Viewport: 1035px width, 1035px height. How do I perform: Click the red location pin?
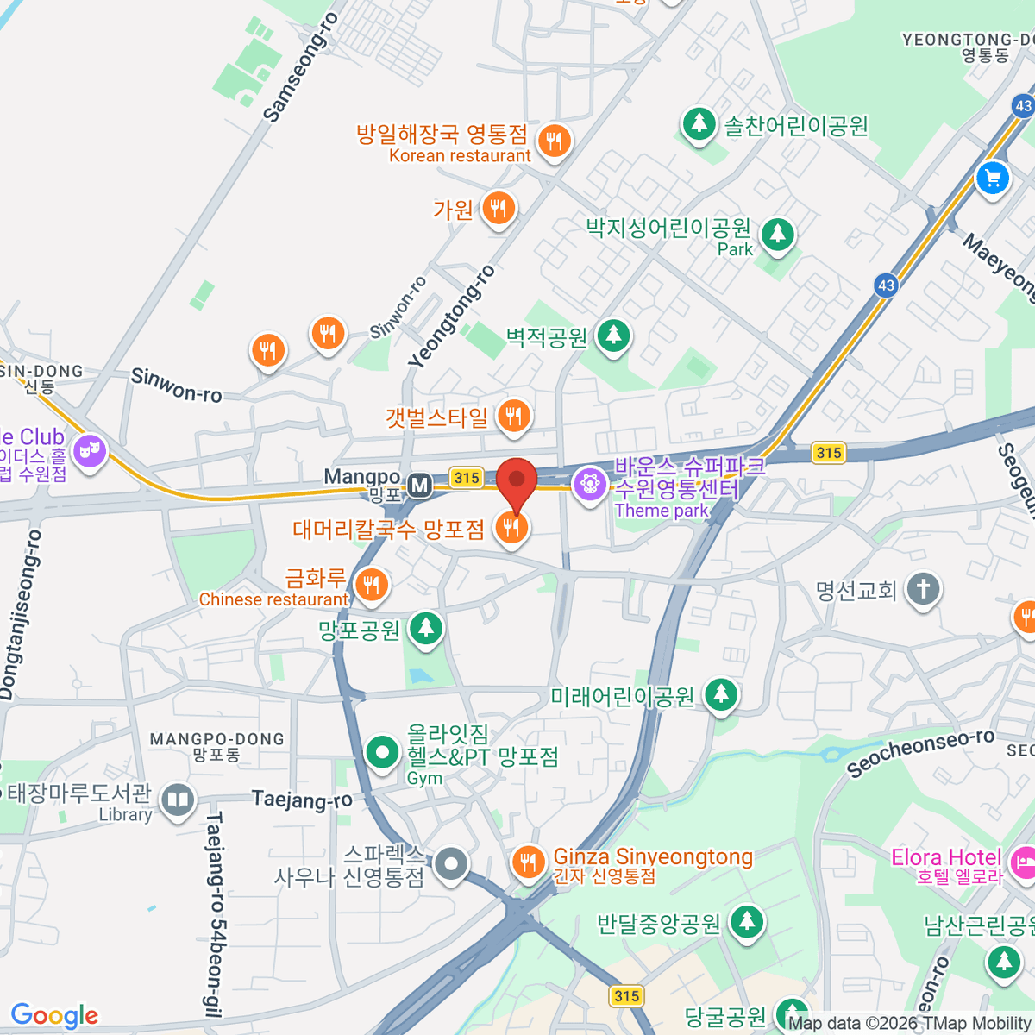coord(517,480)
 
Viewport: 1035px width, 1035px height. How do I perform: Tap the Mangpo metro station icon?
coord(420,486)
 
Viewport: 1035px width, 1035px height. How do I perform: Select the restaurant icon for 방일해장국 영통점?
coord(554,139)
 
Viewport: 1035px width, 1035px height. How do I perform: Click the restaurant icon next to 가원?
coord(498,208)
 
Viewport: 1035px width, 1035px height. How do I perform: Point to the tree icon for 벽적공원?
coord(613,335)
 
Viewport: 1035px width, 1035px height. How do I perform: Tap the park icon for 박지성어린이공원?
coord(777,234)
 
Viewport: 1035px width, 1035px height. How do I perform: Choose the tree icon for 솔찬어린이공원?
coord(699,123)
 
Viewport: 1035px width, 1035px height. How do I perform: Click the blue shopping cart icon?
coord(992,179)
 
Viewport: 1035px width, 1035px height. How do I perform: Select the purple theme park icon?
coord(590,483)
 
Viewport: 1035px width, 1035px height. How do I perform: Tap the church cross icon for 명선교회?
coord(923,590)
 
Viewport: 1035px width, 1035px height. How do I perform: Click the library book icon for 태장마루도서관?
coord(178,800)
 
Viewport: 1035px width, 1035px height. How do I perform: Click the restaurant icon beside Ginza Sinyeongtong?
coord(527,861)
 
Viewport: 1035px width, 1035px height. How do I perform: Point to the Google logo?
coord(54,1016)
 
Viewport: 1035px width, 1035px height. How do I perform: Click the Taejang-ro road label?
coord(302,800)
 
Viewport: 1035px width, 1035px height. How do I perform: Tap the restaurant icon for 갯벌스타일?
coord(514,417)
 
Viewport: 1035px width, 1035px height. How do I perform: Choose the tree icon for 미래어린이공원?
coord(721,694)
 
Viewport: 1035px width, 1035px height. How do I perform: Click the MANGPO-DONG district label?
coord(216,740)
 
